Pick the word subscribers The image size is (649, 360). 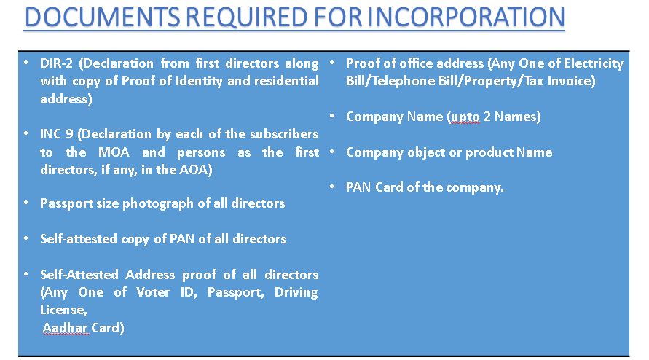(281, 135)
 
